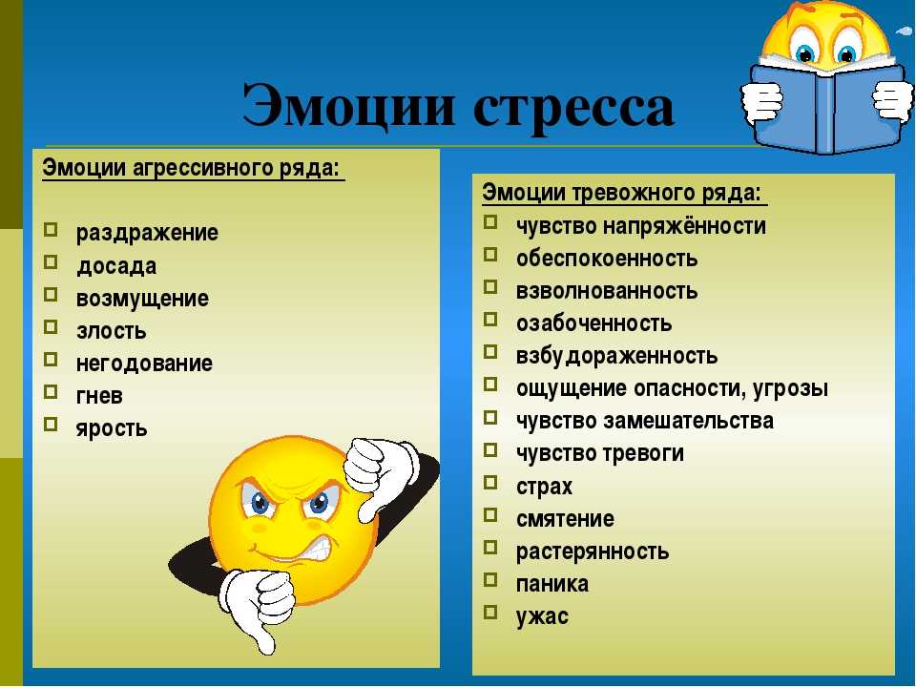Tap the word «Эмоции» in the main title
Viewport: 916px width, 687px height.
click(349, 105)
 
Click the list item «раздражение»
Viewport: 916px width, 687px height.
click(147, 233)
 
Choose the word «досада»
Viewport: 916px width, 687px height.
click(116, 266)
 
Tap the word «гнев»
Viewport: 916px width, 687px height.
click(99, 395)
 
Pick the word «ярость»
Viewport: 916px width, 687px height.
click(112, 428)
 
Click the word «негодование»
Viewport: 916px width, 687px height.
click(144, 364)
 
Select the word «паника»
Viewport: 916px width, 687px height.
click(552, 584)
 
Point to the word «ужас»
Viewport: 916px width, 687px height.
click(542, 616)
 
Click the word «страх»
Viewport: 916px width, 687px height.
click(544, 487)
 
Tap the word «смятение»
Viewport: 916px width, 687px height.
click(565, 519)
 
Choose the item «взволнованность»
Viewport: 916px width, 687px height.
click(607, 291)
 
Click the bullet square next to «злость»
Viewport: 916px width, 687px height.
click(51, 326)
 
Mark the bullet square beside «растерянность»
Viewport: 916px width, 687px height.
click(490, 548)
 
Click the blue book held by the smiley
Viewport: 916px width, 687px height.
click(828, 106)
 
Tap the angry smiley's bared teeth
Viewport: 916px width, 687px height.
click(316, 547)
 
